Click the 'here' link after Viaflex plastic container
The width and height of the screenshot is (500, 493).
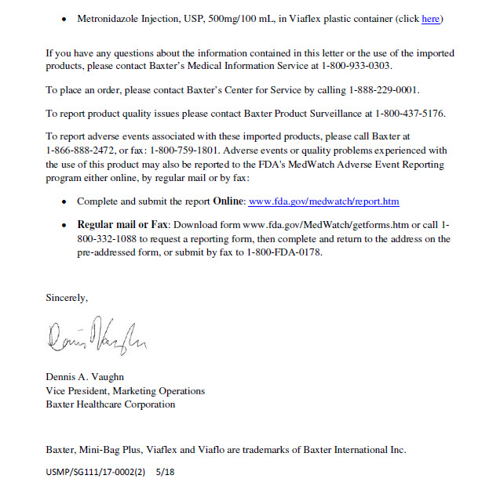tap(430, 19)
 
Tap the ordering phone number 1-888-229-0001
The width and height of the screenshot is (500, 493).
tap(389, 90)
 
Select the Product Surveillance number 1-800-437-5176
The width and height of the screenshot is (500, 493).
tap(410, 114)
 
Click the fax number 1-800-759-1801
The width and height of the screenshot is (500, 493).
tap(199, 150)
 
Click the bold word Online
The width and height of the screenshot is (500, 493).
tap(228, 201)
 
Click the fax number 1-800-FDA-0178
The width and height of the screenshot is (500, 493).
tap(283, 253)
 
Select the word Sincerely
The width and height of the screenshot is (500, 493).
tap(67, 298)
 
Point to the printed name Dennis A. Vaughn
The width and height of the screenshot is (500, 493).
tap(85, 377)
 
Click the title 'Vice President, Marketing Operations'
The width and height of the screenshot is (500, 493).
tap(126, 391)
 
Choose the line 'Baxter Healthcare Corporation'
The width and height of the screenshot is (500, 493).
tap(111, 404)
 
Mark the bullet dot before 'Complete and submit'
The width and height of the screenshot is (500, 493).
tap(64, 202)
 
